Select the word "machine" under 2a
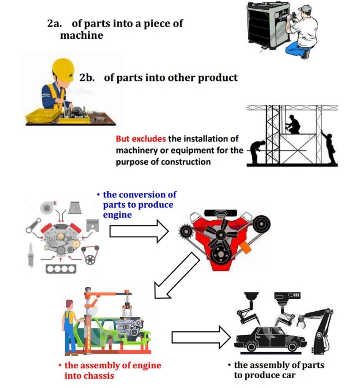coord(81,35)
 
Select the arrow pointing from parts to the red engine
coord(138,232)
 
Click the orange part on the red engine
coord(246,249)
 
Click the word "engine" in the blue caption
coord(116,215)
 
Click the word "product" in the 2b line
coord(219,77)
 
